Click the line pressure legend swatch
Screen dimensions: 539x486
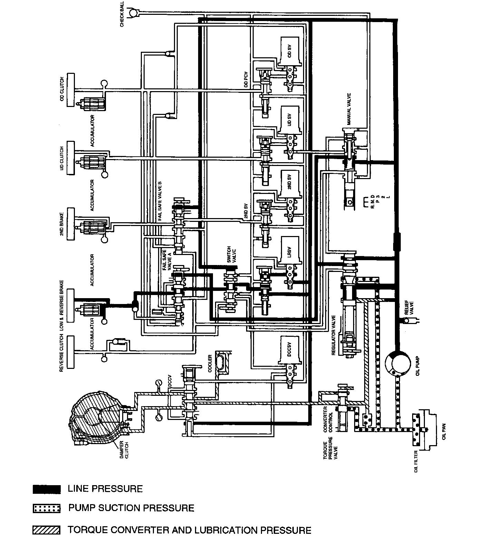click(47, 489)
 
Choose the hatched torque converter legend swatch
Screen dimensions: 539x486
click(47, 530)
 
